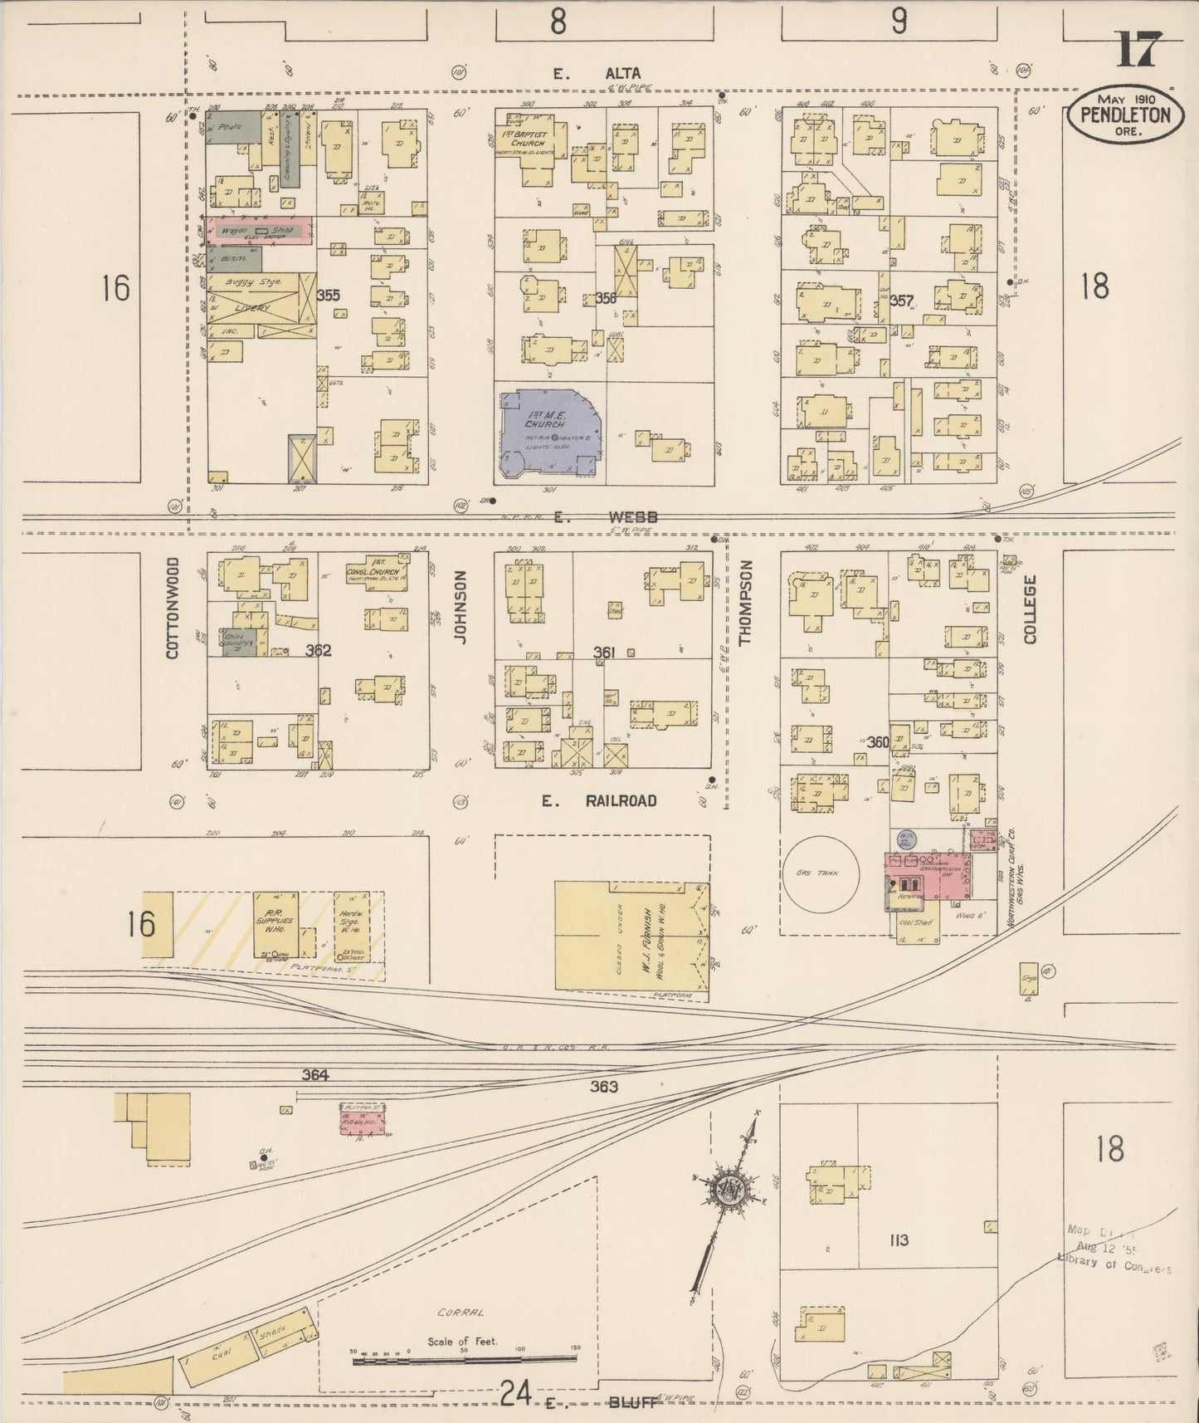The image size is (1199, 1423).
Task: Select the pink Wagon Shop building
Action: click(260, 231)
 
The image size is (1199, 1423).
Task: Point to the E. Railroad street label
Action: click(599, 800)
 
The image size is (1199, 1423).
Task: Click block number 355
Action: click(329, 296)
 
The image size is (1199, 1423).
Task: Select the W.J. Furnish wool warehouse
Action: click(631, 936)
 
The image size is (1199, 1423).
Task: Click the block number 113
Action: click(898, 1240)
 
